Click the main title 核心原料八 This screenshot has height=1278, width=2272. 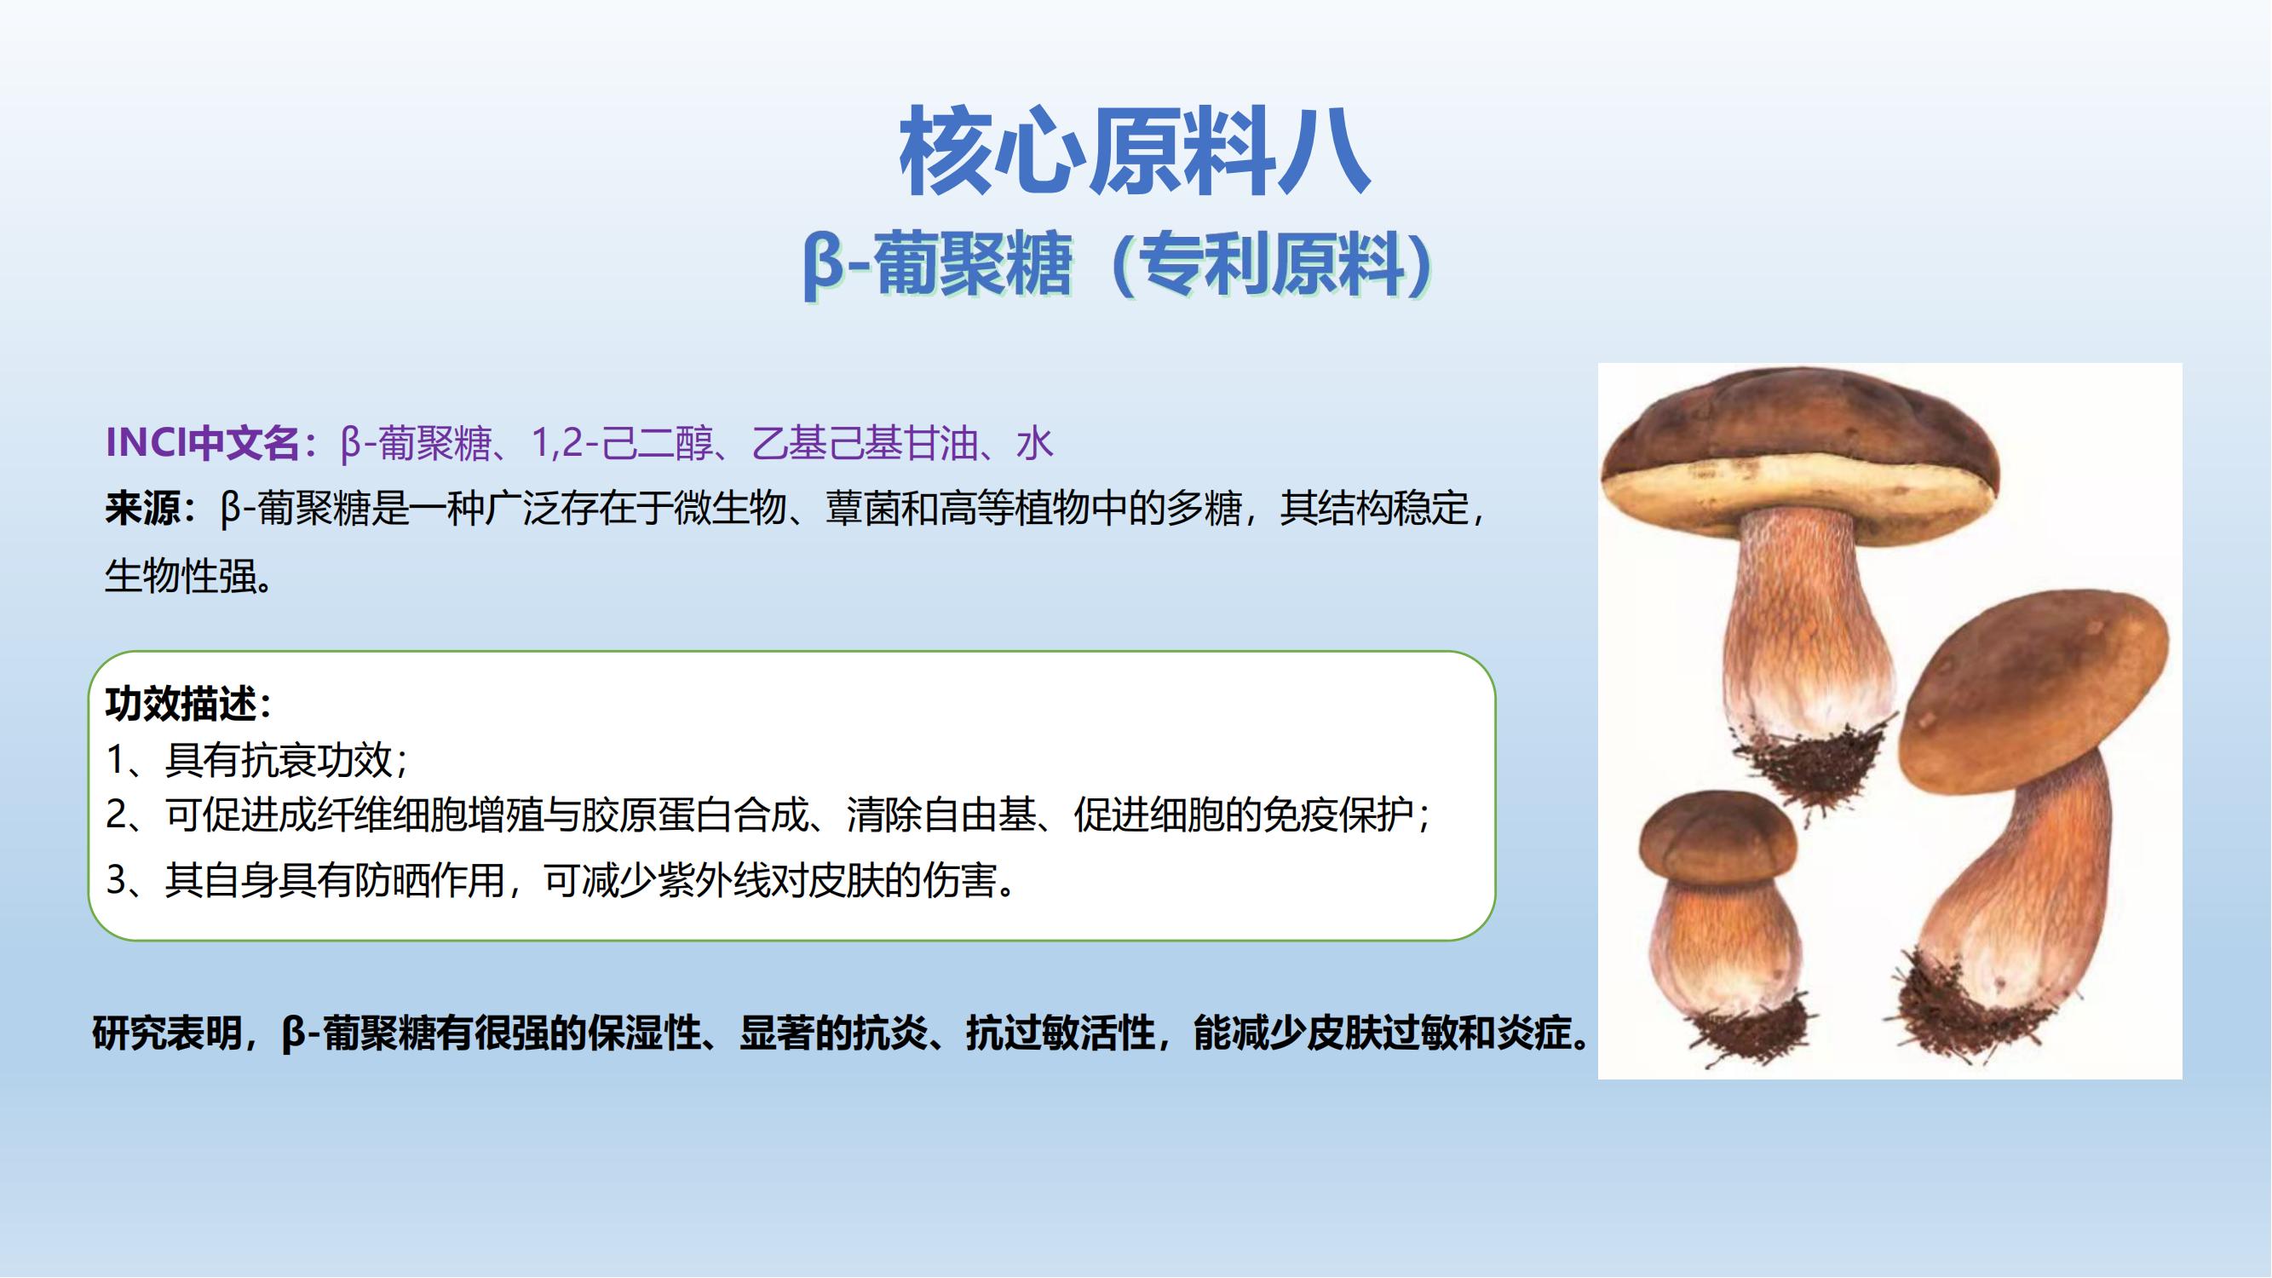1134,151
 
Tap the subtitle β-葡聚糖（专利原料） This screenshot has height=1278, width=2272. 1118,264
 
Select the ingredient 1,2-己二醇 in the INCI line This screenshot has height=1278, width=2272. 622,443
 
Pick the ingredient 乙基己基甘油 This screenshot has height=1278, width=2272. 866,443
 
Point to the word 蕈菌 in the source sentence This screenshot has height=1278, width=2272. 863,509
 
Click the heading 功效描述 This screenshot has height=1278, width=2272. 180,704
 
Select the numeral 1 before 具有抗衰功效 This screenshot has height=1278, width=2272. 116,759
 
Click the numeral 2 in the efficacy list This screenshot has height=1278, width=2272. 117,814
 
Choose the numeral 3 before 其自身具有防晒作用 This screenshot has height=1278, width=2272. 117,880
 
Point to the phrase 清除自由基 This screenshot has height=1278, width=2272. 941,814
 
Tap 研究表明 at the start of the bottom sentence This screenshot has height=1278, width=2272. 168,1033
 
